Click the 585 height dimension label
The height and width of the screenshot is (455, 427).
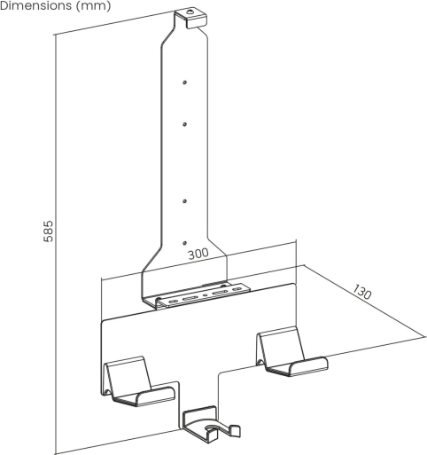point(48,231)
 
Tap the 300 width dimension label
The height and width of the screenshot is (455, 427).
point(198,254)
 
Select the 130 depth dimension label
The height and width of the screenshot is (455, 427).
point(362,292)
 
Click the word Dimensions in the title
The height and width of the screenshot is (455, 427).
point(35,5)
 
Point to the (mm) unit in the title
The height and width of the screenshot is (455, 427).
point(93,5)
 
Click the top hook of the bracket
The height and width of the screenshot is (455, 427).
point(190,19)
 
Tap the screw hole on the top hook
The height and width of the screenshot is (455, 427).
point(190,12)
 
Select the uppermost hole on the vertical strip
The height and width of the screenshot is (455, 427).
point(184,82)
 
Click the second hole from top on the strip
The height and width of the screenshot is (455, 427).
point(184,124)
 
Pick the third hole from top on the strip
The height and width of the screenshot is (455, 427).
point(184,201)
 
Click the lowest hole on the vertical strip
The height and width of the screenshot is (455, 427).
point(184,243)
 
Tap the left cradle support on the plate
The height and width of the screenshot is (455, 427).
point(138,380)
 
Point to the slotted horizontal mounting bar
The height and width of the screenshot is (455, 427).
point(203,295)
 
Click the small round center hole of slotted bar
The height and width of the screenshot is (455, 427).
point(206,294)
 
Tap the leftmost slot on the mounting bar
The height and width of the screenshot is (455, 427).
point(172,302)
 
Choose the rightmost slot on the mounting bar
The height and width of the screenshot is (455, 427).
point(237,289)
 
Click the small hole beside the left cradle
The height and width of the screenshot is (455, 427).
point(107,392)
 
